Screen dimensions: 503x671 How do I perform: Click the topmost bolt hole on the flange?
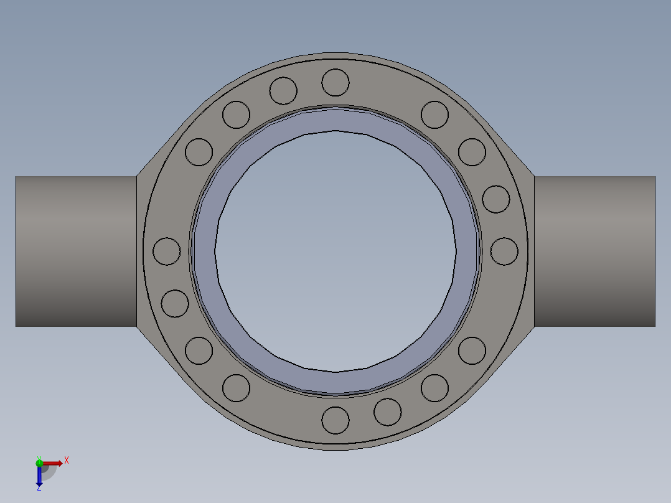[x=335, y=82]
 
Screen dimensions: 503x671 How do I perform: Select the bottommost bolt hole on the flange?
[x=336, y=420]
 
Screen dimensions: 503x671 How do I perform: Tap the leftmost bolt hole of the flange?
[x=166, y=251]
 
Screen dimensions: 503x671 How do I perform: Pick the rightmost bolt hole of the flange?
[x=504, y=251]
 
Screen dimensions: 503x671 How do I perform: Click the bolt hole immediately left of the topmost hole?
[x=283, y=91]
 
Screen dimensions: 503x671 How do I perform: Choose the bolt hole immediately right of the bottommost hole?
[x=388, y=411]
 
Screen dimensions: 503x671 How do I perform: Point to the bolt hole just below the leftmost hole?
[x=175, y=303]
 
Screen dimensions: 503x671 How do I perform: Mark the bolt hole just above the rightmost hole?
[x=496, y=199]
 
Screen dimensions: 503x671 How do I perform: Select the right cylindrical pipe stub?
[x=594, y=251]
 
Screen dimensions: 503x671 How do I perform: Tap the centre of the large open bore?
[x=335, y=251]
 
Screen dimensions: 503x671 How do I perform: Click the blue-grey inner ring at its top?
[x=335, y=120]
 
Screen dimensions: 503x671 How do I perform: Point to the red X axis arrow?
[x=52, y=463]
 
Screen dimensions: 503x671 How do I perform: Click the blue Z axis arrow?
[x=39, y=476]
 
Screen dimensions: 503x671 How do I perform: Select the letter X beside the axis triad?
[x=67, y=461]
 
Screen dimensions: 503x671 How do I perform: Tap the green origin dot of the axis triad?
[x=39, y=463]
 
